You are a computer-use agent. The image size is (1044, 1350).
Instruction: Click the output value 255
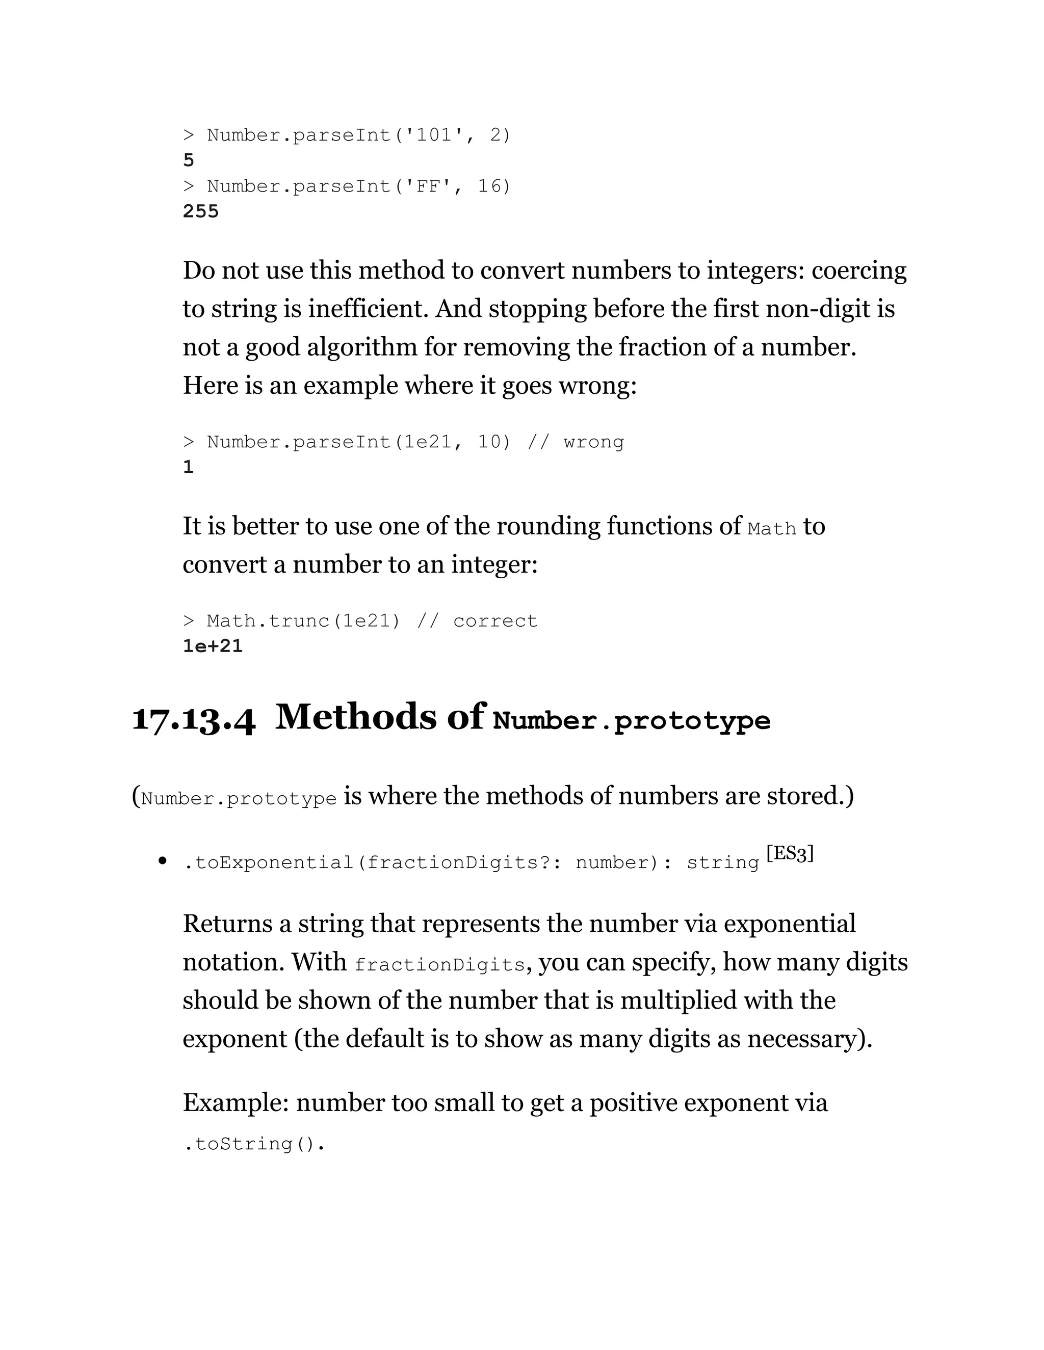tap(200, 211)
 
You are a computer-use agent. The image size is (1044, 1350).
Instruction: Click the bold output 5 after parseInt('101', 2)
tap(189, 160)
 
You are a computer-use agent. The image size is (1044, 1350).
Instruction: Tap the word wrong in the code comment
tap(593, 442)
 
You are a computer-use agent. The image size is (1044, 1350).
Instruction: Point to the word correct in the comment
tap(495, 620)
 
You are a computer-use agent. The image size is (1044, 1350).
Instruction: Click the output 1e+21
tap(212, 646)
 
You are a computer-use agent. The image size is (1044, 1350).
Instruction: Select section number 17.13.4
tap(194, 719)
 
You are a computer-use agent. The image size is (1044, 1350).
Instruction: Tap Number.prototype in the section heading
tap(632, 721)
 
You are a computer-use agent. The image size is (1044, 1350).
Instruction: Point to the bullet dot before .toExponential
tap(163, 860)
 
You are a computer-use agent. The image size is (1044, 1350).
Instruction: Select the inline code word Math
tap(771, 529)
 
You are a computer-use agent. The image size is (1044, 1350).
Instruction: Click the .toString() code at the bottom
tap(253, 1144)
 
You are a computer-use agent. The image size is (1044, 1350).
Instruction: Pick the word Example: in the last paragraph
tap(236, 1103)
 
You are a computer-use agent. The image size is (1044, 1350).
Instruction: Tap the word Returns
tap(227, 924)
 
